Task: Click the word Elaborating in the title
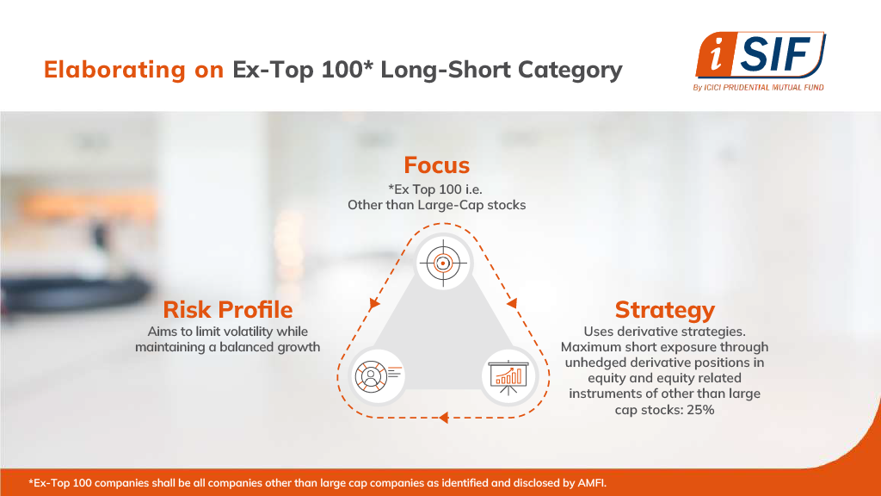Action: pos(114,70)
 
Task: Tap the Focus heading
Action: pos(436,164)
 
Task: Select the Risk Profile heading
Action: pos(227,309)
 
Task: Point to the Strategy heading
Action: pos(665,310)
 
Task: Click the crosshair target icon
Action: pos(443,263)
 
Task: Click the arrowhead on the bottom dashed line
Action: pos(444,418)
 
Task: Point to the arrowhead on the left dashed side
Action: pos(374,304)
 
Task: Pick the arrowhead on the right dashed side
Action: pos(512,304)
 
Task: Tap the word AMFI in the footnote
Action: pos(593,482)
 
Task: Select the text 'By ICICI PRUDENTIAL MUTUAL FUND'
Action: pos(759,87)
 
